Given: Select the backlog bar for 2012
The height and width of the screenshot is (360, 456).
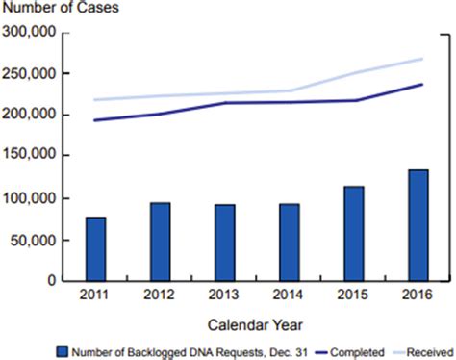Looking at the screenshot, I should pyautogui.click(x=160, y=242).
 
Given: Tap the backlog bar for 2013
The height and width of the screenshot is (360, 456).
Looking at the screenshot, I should pyautogui.click(x=224, y=243).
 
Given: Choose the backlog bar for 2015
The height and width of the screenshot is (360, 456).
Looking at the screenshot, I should pyautogui.click(x=354, y=233).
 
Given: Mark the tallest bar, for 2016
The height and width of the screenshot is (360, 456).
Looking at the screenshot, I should pyautogui.click(x=418, y=225).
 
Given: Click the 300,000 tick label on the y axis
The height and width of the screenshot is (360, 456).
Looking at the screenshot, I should pyautogui.click(x=29, y=32).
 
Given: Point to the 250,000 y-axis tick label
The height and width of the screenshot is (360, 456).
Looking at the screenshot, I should pyautogui.click(x=29, y=73).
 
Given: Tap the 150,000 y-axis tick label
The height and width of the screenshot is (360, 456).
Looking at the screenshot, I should pyautogui.click(x=29, y=156).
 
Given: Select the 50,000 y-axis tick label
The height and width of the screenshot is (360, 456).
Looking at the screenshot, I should pyautogui.click(x=33, y=240).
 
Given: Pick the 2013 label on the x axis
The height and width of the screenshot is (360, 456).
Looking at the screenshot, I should pyautogui.click(x=224, y=296).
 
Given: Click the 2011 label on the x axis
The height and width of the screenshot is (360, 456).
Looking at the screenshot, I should pyautogui.click(x=95, y=296).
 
